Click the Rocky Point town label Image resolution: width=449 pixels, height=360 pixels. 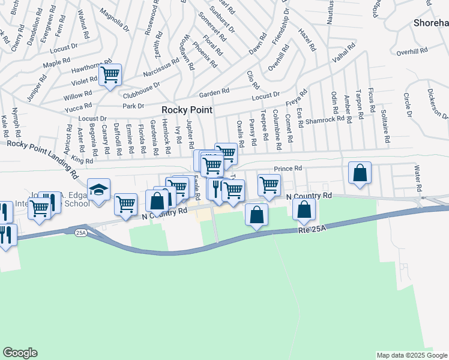click(187, 110)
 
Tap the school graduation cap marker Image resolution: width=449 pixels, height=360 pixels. click(98, 190)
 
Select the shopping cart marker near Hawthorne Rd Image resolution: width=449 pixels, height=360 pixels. click(110, 76)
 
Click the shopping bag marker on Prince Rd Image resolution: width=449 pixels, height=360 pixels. click(360, 173)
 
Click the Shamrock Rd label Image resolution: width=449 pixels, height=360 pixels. click(325, 119)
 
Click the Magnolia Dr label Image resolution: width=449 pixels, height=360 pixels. click(115, 20)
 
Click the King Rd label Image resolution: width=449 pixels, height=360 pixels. click(82, 160)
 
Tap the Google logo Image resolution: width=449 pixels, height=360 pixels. click(20, 353)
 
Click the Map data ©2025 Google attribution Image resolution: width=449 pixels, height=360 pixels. click(412, 355)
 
